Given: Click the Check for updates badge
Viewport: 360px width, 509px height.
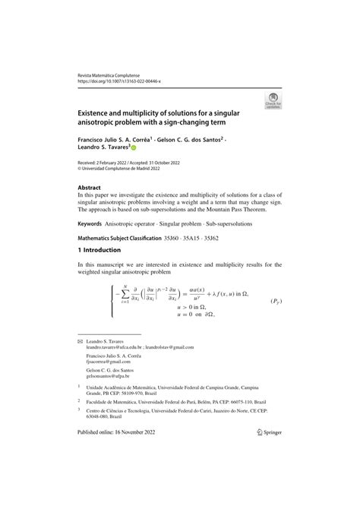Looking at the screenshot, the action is pos(271,100).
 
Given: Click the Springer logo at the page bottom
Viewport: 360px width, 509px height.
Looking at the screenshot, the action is pos(263,494).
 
